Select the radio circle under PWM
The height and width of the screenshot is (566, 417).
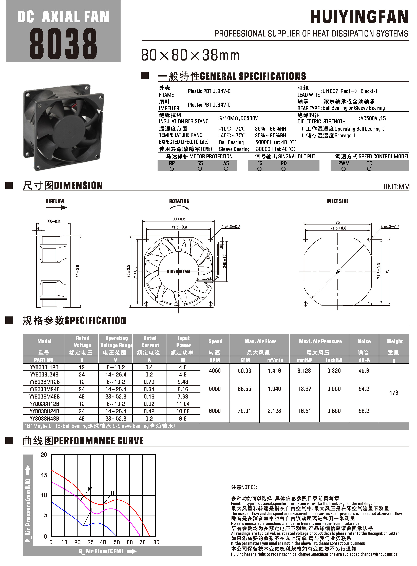tap(343, 169)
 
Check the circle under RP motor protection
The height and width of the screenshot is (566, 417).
tap(172, 169)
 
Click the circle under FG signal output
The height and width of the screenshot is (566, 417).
tap(259, 169)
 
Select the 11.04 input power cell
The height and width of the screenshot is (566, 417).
tap(183, 404)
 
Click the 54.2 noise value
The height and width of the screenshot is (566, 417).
tap(364, 389)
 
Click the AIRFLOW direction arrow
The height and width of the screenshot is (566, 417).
tap(56, 207)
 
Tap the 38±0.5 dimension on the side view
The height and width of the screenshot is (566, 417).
tap(54, 222)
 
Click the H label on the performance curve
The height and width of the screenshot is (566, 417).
tap(112, 493)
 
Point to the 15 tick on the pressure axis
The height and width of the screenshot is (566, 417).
tap(44, 475)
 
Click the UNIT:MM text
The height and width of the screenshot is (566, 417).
tap(396, 187)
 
